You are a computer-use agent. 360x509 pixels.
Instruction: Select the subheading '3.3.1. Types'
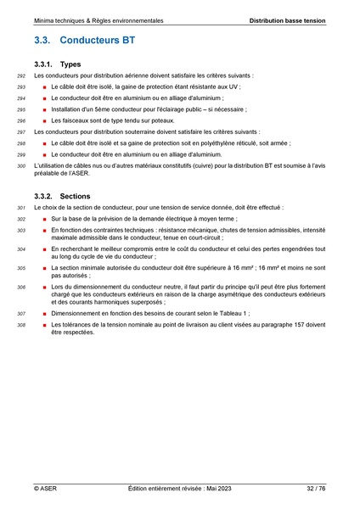(x=59, y=64)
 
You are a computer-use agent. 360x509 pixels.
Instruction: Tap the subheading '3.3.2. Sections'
(x=64, y=195)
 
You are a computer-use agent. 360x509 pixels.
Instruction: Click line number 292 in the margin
(x=21, y=76)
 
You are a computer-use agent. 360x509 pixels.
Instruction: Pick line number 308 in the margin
(x=21, y=325)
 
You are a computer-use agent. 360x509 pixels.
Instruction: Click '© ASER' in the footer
(x=46, y=489)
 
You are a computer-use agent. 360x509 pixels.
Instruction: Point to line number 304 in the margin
(x=21, y=249)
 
